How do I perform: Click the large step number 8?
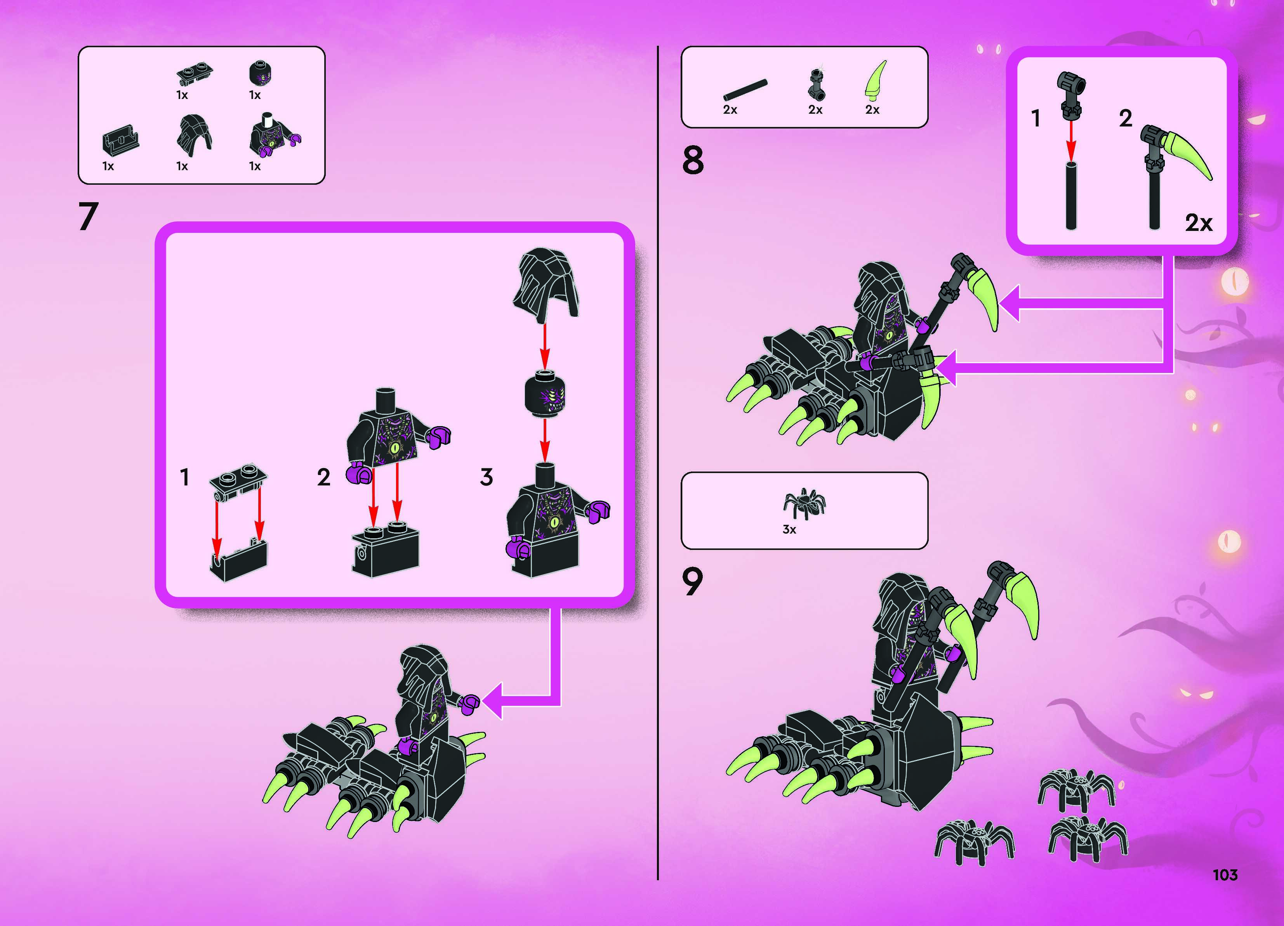693,160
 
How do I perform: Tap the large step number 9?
692,581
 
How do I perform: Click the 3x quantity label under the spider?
789,530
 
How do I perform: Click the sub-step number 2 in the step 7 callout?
323,477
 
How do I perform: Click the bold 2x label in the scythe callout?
1199,223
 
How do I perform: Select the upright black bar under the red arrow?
1070,195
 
